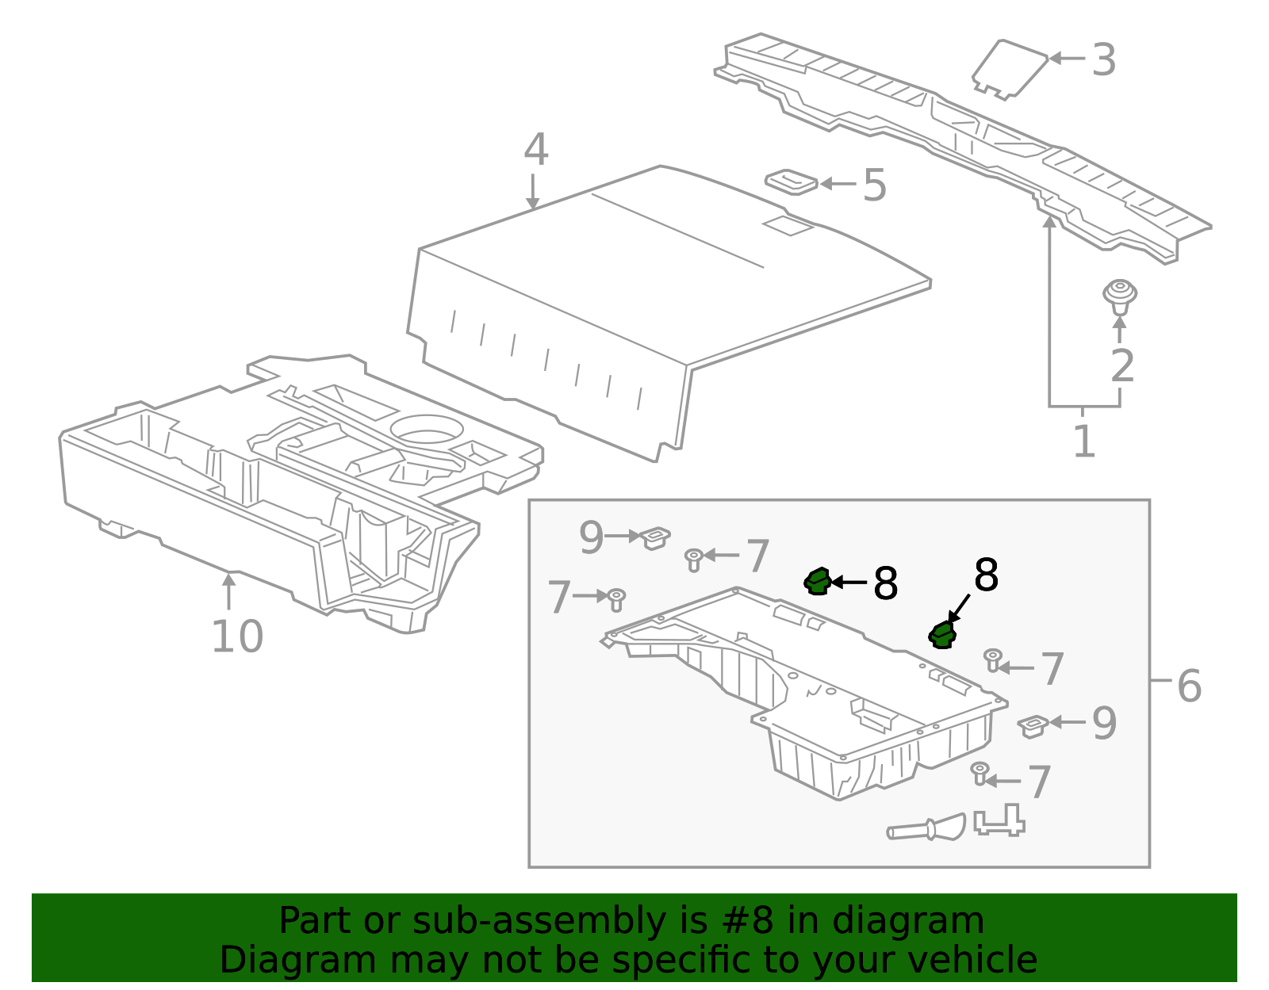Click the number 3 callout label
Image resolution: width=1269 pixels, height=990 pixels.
point(1104,60)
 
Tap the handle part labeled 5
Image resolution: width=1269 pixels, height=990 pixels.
point(791,182)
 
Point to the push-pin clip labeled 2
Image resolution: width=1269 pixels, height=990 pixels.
point(1120,296)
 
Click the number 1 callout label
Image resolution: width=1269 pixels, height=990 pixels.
point(1083,441)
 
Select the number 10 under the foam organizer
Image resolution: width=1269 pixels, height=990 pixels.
point(237,636)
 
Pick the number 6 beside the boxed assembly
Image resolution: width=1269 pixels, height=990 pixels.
point(1189,686)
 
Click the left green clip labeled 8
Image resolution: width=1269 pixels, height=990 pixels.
point(817,582)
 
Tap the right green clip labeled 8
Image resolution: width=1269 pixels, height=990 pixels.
point(942,635)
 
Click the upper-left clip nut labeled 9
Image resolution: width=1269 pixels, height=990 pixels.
point(655,537)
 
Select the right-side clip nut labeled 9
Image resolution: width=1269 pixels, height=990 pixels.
point(1033,724)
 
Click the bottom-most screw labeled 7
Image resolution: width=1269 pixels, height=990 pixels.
point(980,773)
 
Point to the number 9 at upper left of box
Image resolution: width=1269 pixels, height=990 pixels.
point(591,538)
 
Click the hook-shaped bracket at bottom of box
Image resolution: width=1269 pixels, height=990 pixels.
point(999,821)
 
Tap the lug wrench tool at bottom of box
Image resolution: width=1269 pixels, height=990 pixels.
point(926,829)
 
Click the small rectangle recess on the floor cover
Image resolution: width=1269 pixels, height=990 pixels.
point(788,226)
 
